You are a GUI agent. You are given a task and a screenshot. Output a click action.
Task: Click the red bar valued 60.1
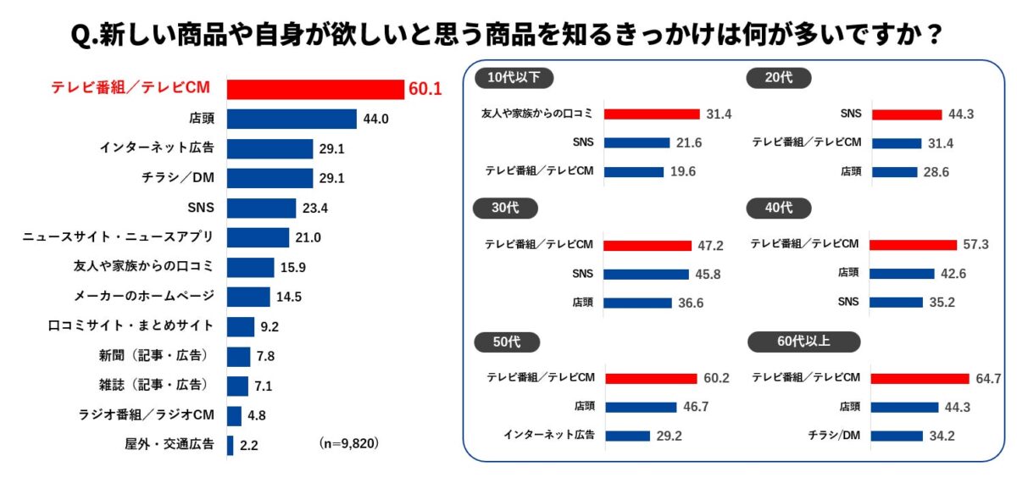tap(315, 89)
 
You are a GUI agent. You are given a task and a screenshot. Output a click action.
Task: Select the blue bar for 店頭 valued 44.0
tap(292, 119)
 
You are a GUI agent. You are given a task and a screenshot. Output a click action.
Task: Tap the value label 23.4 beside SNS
tap(314, 208)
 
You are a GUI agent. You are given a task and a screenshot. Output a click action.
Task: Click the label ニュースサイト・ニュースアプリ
tap(118, 236)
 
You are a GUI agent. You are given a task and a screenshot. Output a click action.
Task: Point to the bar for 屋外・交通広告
tap(230, 445)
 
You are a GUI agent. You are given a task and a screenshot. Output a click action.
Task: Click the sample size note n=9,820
tap(349, 443)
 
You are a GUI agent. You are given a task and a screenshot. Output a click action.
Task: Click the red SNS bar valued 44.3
tap(907, 114)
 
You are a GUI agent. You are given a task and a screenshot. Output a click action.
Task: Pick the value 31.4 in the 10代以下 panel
tap(719, 114)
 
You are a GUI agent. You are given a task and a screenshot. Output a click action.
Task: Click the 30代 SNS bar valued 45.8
tap(647, 275)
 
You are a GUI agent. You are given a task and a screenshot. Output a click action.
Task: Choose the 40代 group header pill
tap(779, 208)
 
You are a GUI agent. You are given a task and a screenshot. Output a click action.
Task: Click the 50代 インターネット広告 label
tap(549, 436)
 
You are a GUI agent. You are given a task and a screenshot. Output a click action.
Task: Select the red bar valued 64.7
tap(920, 378)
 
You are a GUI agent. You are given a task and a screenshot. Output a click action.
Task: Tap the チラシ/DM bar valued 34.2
tap(897, 436)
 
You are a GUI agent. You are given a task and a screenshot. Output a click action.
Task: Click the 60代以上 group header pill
tap(803, 342)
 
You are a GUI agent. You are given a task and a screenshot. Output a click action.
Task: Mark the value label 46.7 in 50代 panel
tap(696, 407)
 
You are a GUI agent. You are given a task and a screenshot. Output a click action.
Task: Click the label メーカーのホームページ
tap(143, 296)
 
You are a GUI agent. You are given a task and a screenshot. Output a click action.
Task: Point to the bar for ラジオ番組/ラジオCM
tap(234, 415)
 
